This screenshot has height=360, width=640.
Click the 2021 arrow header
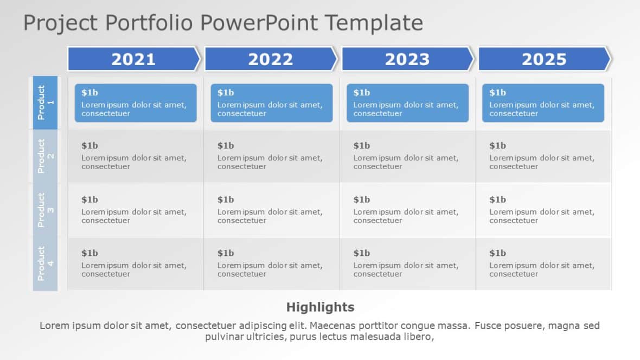133,59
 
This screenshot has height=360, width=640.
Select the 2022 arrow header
270,59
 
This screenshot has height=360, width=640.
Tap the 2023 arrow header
407,59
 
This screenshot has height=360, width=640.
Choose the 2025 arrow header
543,59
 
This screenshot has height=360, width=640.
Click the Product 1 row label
45,102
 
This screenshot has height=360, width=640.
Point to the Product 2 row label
45,156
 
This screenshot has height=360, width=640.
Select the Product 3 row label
45,210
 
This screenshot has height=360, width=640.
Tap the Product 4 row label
45,263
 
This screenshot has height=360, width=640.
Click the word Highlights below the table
320,307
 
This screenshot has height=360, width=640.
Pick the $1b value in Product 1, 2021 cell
89,93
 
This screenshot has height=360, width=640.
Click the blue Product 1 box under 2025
543,103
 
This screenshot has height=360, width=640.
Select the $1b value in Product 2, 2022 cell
226,146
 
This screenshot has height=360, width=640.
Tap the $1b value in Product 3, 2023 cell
362,200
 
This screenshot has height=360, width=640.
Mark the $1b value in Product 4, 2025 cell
497,253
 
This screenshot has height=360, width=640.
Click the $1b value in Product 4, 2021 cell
89,253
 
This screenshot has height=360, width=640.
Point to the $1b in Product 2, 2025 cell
497,146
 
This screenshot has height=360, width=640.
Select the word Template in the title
374,23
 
